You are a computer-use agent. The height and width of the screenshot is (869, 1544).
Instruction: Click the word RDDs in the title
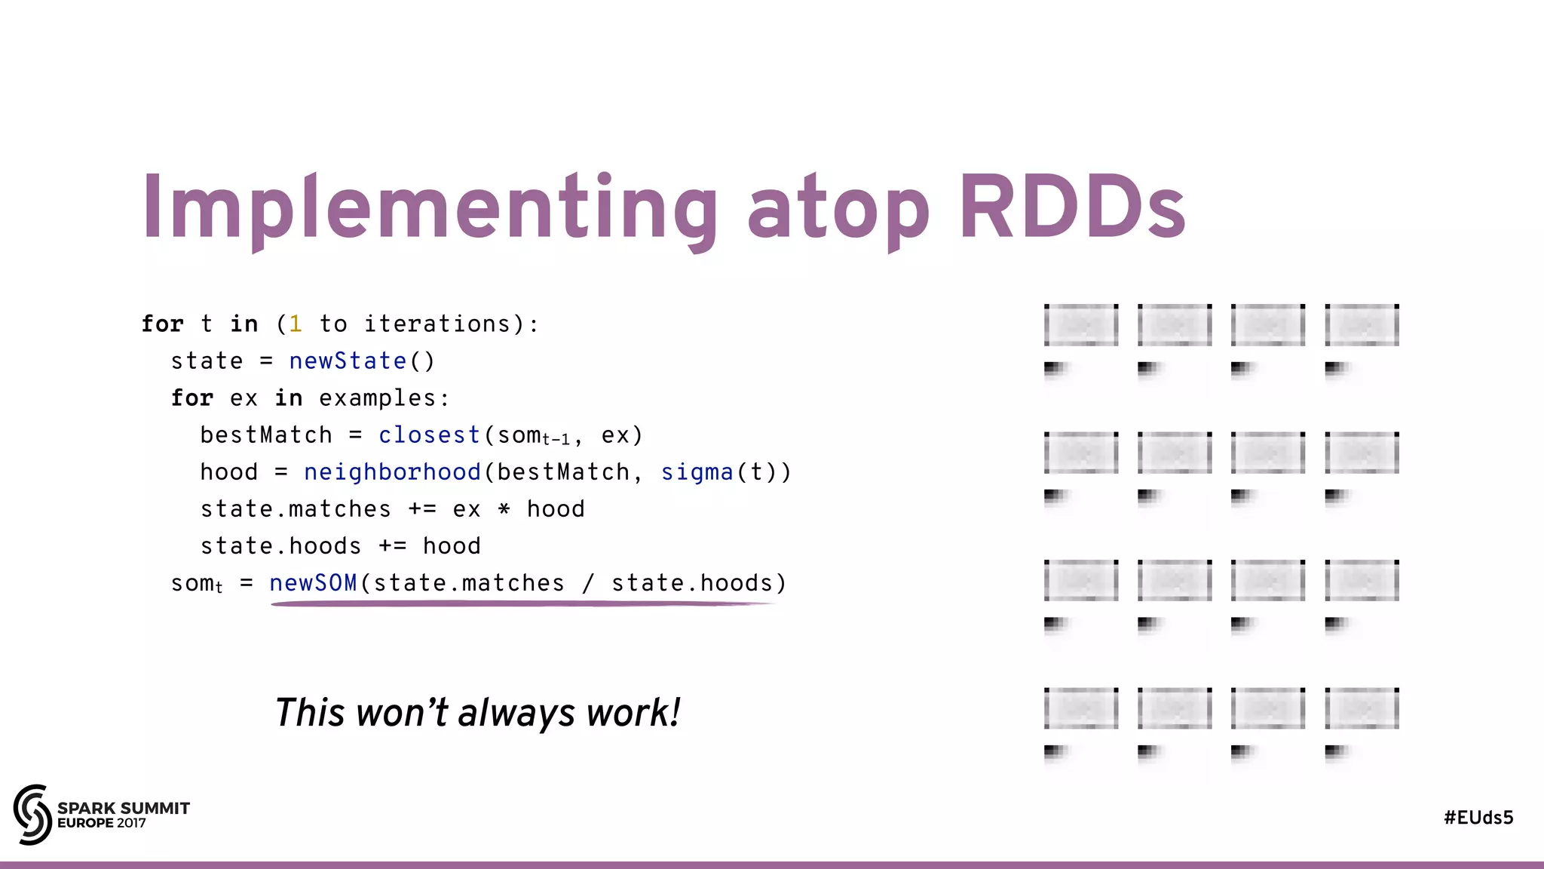[x=1072, y=207]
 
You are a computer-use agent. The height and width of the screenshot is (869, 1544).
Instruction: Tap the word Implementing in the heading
[x=430, y=208]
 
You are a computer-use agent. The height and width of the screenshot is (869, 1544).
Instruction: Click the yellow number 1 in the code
[x=296, y=324]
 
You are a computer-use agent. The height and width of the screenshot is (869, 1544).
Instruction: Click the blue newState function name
[x=348, y=361]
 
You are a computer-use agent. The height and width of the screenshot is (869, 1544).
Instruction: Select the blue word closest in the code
[x=429, y=434]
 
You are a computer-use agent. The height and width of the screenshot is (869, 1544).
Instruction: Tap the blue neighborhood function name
[x=392, y=471]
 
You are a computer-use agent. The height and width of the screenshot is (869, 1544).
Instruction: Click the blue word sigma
[x=697, y=471]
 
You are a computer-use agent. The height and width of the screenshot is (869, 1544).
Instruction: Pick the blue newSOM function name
[x=313, y=582]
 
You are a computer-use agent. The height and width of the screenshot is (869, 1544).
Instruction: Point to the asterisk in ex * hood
[x=504, y=509]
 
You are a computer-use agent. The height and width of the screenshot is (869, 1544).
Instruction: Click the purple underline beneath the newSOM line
[x=520, y=603]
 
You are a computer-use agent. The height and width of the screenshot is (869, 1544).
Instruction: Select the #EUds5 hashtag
[x=1478, y=818]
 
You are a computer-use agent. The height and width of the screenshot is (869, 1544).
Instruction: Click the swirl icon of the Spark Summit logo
[x=32, y=814]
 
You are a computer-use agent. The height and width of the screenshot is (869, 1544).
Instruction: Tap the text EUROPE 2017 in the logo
[x=102, y=823]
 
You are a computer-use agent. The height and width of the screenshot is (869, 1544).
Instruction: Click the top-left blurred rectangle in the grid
[x=1081, y=325]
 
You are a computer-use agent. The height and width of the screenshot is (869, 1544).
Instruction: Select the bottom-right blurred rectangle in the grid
[x=1362, y=708]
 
